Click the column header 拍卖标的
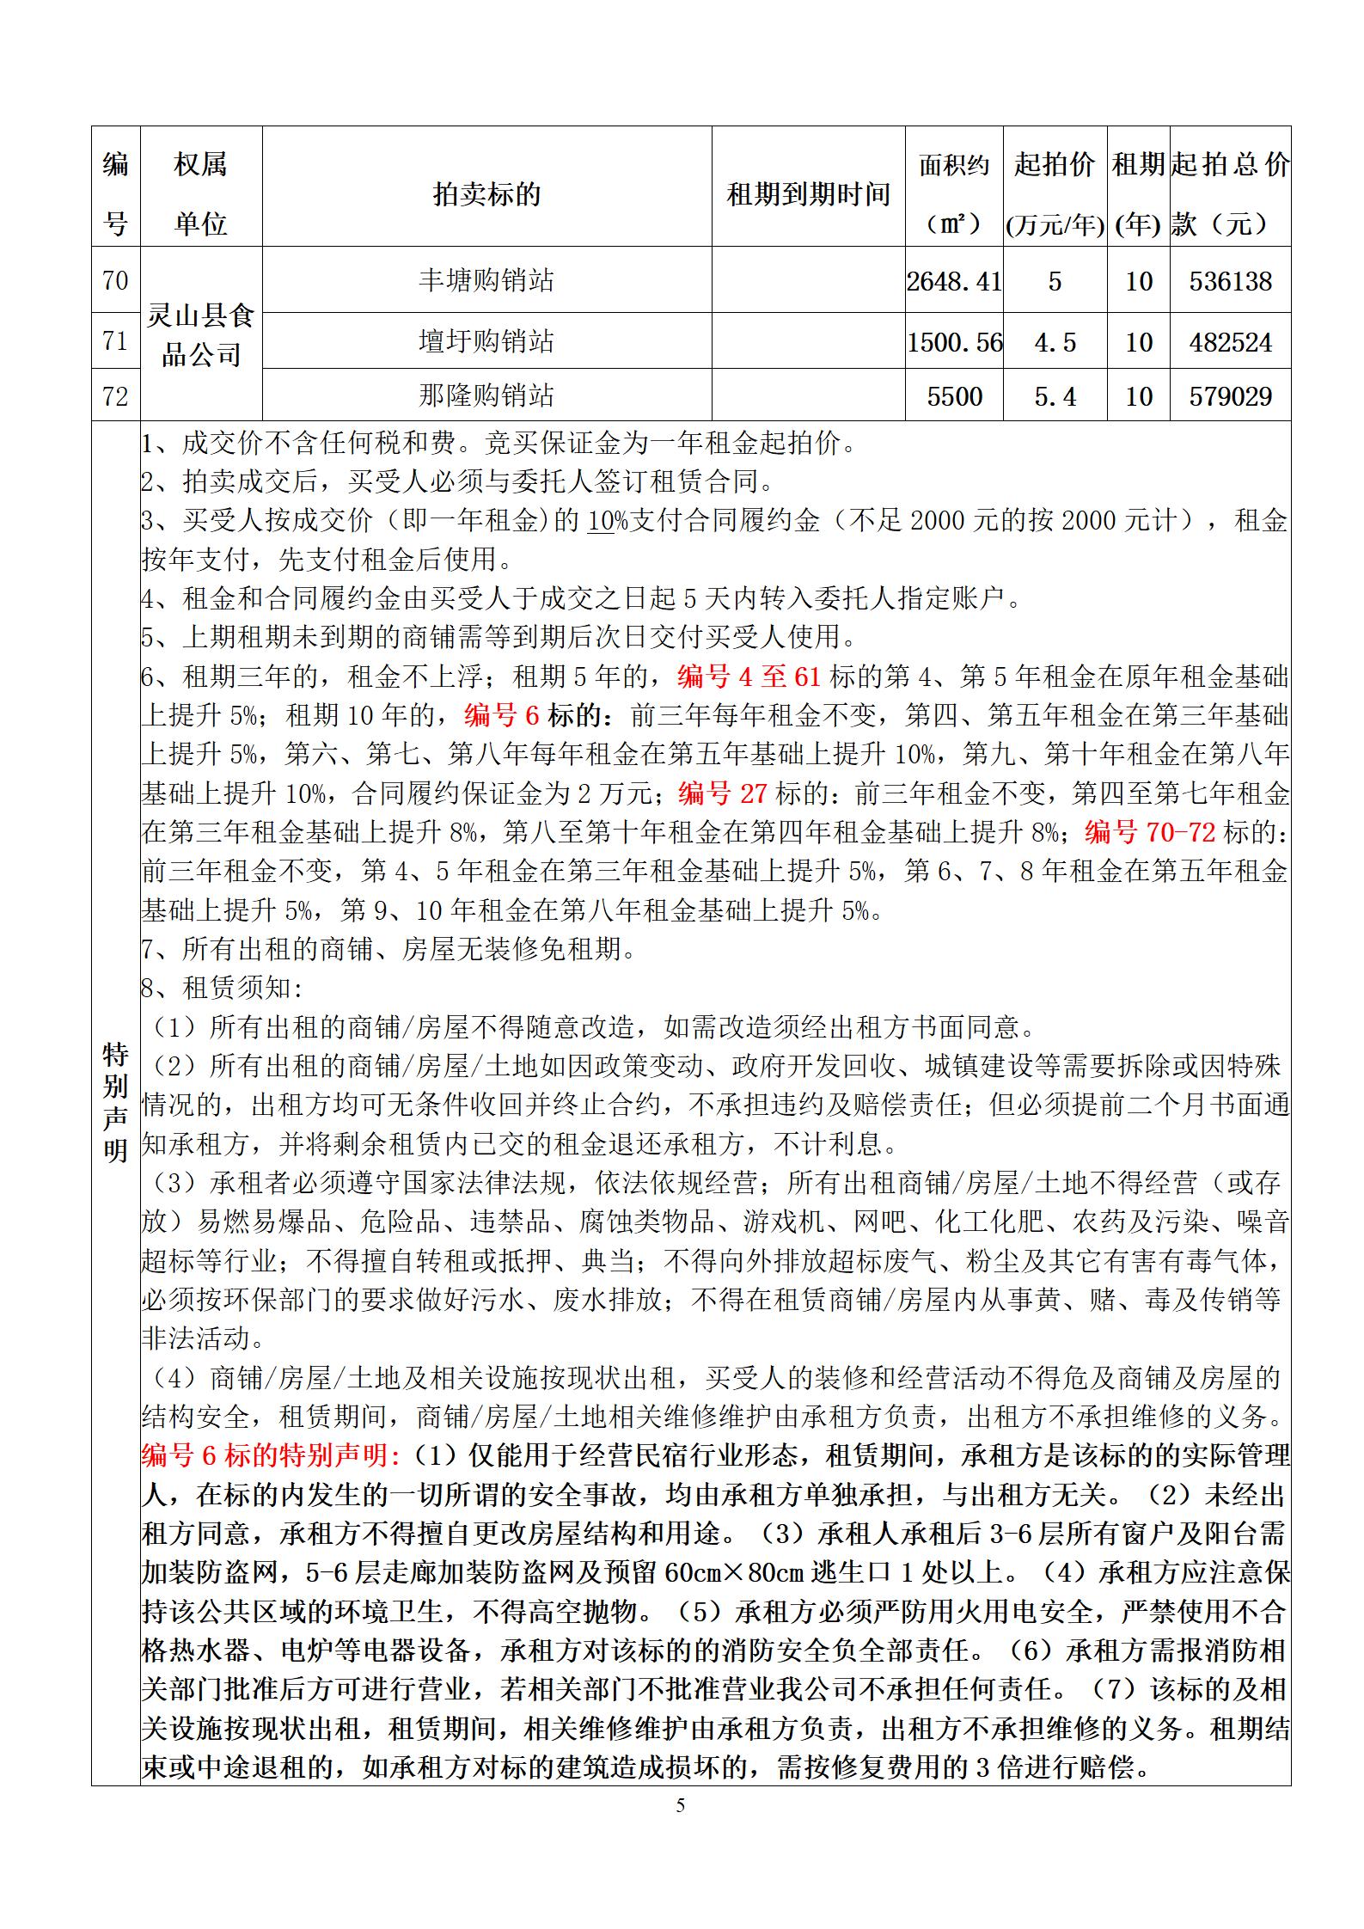486,194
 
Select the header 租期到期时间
808,194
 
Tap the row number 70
115,280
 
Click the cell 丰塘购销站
486,280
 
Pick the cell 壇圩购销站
486,341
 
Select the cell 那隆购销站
486,395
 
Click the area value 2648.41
954,281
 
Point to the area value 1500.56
954,342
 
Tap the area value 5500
954,396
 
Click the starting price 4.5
1055,342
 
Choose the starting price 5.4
1055,396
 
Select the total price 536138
1230,281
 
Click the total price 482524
1230,342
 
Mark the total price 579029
1230,396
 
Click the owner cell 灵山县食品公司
200,335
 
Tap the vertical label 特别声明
115,1102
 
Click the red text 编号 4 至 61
749,677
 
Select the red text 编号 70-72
1150,832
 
